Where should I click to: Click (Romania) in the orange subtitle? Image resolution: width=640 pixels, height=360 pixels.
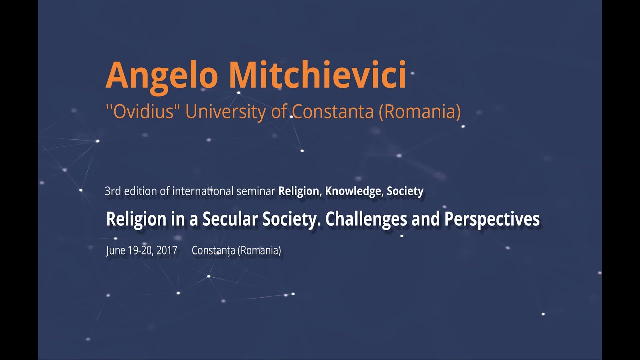pos(420,111)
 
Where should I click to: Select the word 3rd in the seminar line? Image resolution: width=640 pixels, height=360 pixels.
pos(113,191)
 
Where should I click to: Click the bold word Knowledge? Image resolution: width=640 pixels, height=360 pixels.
pos(354,191)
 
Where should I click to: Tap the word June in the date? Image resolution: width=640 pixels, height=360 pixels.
pos(115,251)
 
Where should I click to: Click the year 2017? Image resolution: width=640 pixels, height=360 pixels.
pos(167,251)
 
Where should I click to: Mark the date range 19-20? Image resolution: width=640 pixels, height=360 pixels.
pos(140,251)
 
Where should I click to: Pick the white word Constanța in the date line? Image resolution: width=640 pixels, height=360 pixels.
pos(213,251)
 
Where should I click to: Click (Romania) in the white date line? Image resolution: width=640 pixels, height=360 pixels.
pos(259,251)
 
